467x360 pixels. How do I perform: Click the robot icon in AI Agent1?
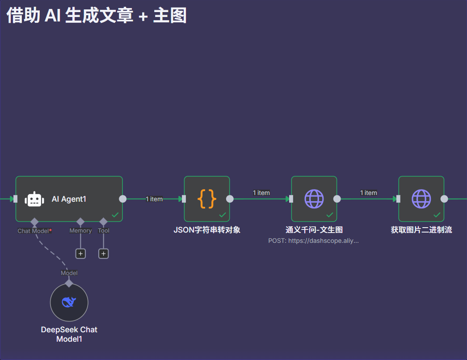coord(35,199)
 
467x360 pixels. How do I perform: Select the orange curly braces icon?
coord(207,199)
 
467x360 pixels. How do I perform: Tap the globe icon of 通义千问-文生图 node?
coord(314,199)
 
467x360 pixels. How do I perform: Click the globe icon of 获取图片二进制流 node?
coord(421,199)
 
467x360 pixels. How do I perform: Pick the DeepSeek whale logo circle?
coord(69,302)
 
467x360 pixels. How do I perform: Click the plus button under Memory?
coord(80,254)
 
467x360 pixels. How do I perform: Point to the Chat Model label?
coord(33,231)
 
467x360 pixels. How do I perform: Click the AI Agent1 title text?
coord(69,199)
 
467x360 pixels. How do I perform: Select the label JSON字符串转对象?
coord(207,230)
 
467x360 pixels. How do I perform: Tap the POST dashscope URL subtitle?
coord(313,241)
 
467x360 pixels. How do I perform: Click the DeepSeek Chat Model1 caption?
coord(69,334)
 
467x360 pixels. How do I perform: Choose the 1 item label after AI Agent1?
coord(154,199)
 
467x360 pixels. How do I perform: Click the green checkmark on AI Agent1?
coord(115,215)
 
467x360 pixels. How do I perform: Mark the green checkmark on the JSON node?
coord(223,215)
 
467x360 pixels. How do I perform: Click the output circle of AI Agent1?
coord(122,199)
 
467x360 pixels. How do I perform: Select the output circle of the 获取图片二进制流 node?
coord(444,199)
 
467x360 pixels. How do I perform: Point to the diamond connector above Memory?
coord(80,221)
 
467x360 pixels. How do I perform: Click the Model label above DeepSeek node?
coord(69,273)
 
